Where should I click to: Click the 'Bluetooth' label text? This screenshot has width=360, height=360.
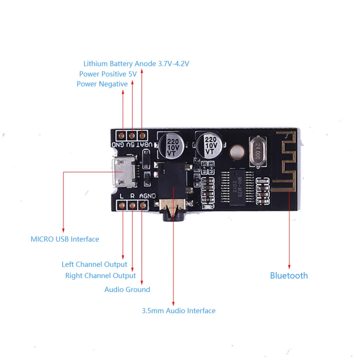pos(288,275)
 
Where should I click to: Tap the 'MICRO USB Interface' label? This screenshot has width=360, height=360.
pos(64,239)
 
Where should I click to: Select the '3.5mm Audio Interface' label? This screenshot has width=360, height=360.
pos(178,310)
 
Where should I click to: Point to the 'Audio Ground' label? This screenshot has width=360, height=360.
pos(127,289)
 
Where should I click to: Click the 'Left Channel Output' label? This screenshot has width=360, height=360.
pos(94,264)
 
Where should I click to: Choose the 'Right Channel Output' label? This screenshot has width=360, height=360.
pos(100,275)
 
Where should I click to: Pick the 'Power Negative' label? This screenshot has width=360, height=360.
pos(102,84)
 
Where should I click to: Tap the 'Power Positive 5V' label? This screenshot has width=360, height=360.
pos(107,74)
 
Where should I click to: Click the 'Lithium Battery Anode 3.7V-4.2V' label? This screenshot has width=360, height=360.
pos(136,63)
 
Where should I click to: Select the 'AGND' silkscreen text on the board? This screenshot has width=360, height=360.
pos(147,196)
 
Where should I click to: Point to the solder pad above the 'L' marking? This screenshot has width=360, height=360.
pos(122,204)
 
